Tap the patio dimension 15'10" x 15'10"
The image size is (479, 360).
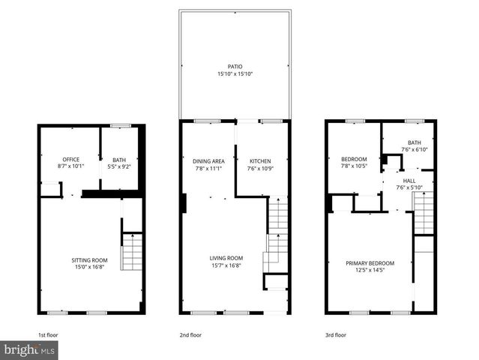tap(235, 73)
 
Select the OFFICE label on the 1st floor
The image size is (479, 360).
tap(71, 159)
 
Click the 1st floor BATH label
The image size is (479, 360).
tap(119, 159)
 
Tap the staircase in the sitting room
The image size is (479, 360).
tap(132, 252)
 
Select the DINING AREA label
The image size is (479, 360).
tap(209, 161)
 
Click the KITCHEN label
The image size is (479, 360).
tap(259, 161)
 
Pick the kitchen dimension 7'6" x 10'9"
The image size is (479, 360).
tap(259, 168)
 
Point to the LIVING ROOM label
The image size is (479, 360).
tap(226, 258)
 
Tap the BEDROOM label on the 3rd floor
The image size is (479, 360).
tap(354, 159)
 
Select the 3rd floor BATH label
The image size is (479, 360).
tap(414, 142)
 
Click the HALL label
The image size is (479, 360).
tap(410, 181)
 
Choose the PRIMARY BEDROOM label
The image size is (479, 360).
tap(370, 262)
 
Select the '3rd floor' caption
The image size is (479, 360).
tap(335, 334)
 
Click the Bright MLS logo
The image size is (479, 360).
tap(29, 350)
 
